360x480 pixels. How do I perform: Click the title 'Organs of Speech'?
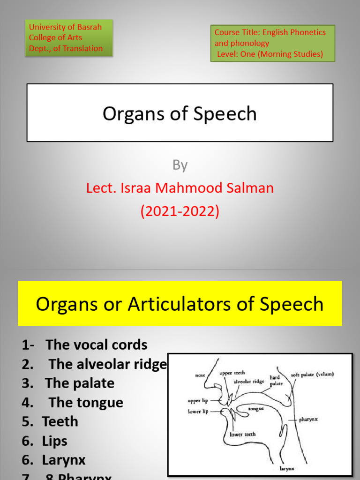180,114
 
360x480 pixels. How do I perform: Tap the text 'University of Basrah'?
65,27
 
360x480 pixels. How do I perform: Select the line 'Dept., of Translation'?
66,48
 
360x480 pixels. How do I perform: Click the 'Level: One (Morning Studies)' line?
270,54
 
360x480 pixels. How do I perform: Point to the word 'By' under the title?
180,165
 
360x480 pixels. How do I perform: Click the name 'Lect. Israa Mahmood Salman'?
180,188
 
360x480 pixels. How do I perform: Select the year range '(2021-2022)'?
180,211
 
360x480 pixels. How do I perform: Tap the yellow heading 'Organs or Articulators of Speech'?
180,304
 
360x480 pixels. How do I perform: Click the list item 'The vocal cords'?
96,345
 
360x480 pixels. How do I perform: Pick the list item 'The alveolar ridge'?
107,364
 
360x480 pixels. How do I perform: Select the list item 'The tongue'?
86,403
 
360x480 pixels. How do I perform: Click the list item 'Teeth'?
60,422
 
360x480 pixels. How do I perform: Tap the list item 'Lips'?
55,441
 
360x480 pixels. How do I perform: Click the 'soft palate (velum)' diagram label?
312,374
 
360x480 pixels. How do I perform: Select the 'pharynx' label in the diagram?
308,420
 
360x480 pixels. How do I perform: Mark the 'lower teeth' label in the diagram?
243,434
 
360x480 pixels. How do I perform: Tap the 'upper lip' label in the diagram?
197,401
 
